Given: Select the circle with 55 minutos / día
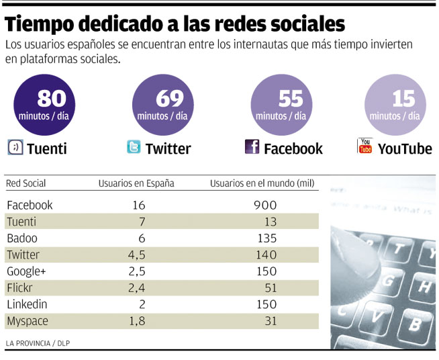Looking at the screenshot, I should [x=281, y=104].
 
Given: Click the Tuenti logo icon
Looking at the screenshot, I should [x=15, y=148].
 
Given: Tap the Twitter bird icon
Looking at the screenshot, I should [x=134, y=148].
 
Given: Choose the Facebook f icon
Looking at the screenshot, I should [x=252, y=147].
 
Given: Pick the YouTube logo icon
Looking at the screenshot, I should [x=364, y=146].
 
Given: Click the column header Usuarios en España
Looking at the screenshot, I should [x=136, y=183].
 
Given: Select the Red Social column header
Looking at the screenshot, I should [x=26, y=183].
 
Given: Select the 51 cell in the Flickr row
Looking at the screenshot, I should [x=269, y=288].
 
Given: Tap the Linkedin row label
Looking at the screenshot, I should [x=27, y=304].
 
